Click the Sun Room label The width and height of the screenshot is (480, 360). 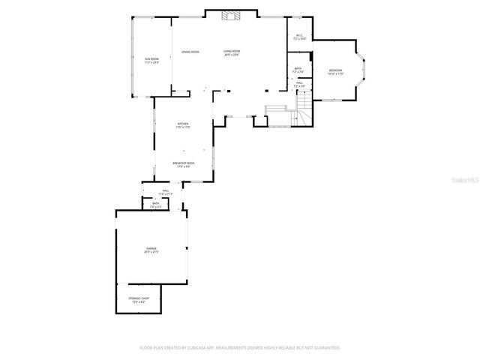(151, 58)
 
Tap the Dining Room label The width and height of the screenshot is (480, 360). (190, 52)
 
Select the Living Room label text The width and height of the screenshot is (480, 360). (232, 51)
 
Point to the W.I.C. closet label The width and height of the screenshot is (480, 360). (298, 34)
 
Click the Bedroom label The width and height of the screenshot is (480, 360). (335, 70)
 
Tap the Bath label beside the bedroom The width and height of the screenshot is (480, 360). (298, 69)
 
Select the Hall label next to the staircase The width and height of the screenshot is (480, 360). (298, 82)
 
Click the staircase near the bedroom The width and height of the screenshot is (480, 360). (302, 105)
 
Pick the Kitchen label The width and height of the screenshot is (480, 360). (183, 124)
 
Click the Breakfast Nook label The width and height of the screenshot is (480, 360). (183, 163)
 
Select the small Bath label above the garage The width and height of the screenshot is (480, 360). (156, 202)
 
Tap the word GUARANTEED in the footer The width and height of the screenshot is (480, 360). (325, 348)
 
